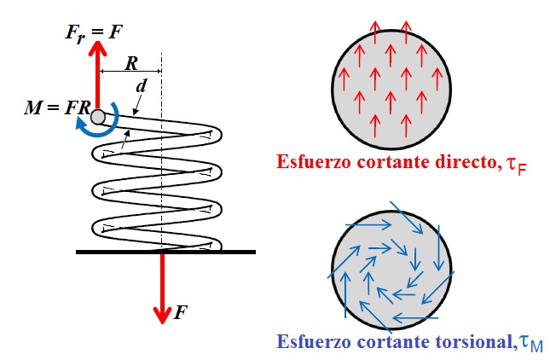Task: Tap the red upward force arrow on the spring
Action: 97,77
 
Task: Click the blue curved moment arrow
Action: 95,128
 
